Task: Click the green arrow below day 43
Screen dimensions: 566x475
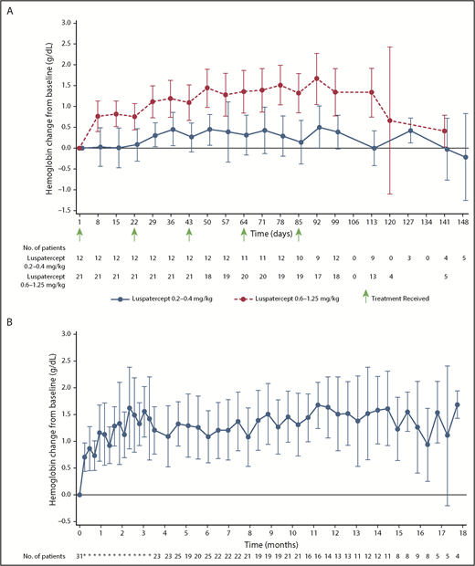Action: tap(189, 234)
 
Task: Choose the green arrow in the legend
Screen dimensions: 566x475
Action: tap(365, 295)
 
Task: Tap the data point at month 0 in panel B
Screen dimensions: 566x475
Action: tap(79, 495)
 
